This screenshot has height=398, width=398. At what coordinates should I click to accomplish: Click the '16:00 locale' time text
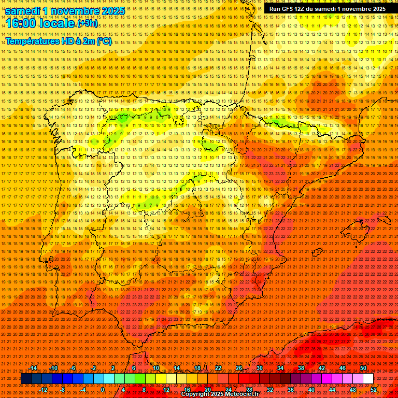click(x=40, y=23)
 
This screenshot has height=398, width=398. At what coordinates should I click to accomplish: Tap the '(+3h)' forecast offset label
click(x=87, y=23)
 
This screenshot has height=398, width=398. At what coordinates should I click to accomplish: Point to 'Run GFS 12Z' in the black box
click(x=288, y=9)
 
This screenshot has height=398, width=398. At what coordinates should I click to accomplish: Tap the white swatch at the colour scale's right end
click(x=368, y=379)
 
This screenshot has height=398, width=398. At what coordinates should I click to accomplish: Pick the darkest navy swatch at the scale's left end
click(x=26, y=379)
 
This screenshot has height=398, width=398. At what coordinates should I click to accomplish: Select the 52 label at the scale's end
click(x=374, y=390)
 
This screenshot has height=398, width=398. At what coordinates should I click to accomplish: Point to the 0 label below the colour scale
click(x=103, y=390)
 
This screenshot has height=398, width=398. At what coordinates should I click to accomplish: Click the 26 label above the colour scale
click(x=239, y=368)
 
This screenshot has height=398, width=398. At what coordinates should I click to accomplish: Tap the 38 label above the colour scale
click(x=301, y=368)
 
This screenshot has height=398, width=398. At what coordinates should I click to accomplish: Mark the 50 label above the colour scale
click(x=363, y=368)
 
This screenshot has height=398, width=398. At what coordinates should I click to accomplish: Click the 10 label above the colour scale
click(x=155, y=368)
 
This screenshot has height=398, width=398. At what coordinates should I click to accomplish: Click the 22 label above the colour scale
click(x=218, y=368)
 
